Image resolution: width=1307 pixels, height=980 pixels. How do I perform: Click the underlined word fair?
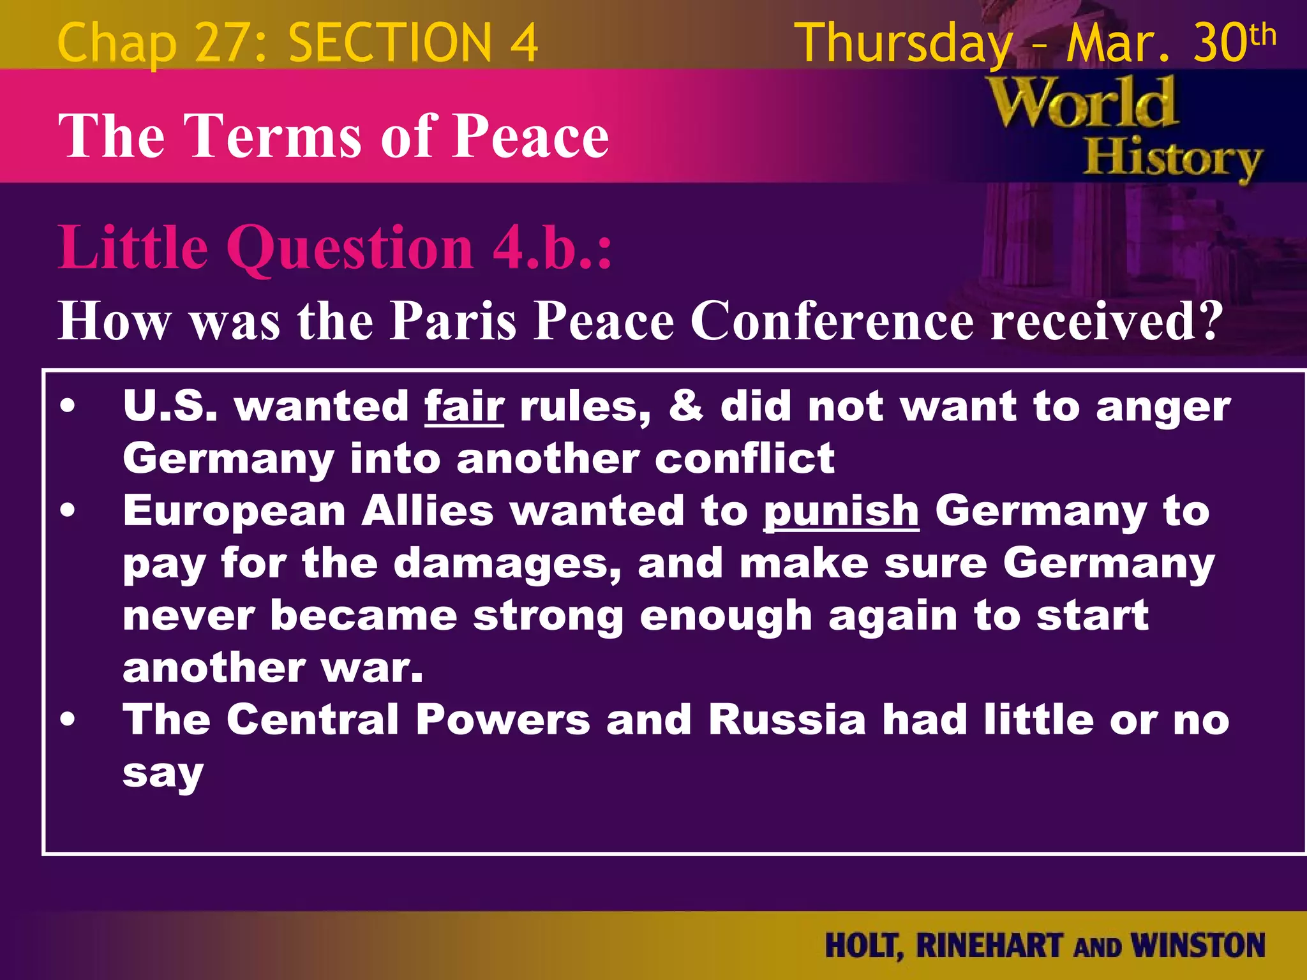coord(464,406)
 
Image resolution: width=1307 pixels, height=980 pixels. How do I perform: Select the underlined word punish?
coord(840,512)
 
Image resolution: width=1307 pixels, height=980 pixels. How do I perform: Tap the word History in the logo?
coord(1173,158)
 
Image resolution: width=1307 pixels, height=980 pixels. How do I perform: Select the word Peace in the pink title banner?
coord(530,135)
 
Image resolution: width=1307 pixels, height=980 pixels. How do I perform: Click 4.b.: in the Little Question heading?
coord(552,248)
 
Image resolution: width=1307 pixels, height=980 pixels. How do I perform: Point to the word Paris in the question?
coord(452,320)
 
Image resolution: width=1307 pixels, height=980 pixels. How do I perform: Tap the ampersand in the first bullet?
coord(686,406)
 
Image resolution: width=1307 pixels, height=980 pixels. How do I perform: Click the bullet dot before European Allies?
coord(68,510)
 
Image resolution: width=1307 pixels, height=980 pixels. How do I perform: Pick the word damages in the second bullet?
coord(507,564)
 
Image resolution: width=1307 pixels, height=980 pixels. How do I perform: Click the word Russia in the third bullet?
coord(787,720)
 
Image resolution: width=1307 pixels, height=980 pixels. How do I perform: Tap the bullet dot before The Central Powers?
coord(68,720)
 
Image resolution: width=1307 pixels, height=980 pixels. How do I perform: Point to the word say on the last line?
coord(163,773)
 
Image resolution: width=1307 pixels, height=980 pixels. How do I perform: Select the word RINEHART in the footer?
coord(989,946)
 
